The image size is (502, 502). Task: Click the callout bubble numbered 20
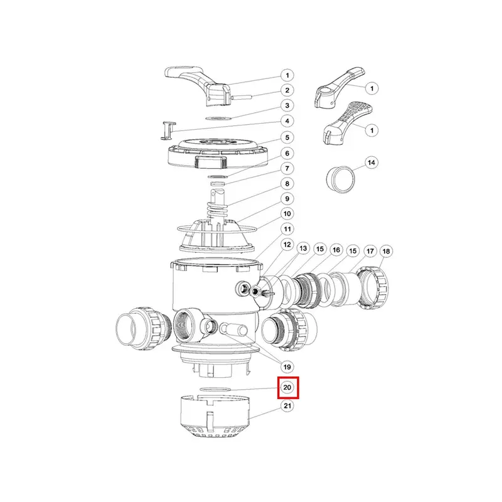tap(287, 387)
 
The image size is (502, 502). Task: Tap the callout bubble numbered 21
tap(287, 405)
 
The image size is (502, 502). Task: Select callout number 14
tap(371, 163)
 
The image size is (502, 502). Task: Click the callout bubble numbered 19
tap(287, 367)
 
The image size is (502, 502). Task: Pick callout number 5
tap(287, 137)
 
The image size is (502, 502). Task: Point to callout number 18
tap(386, 252)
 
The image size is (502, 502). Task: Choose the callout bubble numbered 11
tap(287, 229)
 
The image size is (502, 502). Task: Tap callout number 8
tap(287, 184)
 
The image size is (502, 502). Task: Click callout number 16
tap(336, 250)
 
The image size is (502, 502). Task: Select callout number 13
tap(303, 248)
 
